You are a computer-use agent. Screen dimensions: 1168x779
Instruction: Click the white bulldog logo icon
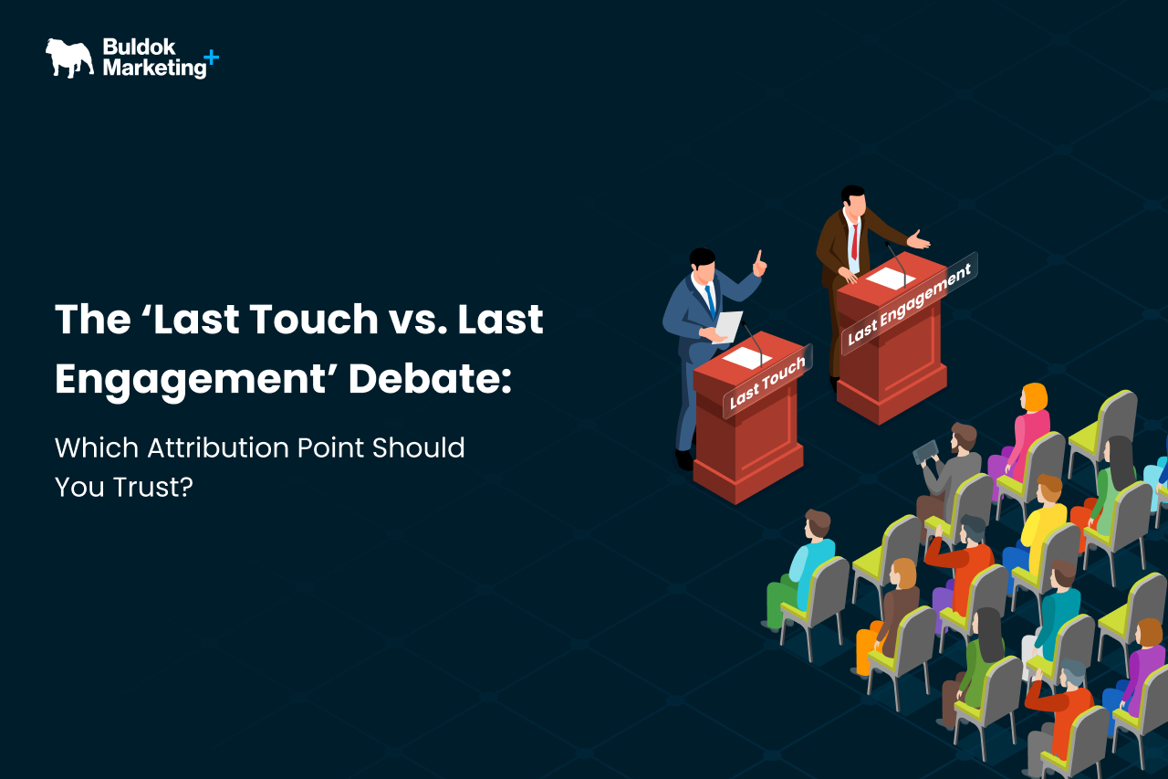(69, 58)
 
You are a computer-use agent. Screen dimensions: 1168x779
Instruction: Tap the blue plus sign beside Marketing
(211, 57)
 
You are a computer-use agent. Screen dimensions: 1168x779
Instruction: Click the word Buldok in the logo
(140, 47)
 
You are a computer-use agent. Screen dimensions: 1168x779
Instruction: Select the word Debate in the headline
(430, 378)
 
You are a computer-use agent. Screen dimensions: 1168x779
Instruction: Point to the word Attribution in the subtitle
(217, 447)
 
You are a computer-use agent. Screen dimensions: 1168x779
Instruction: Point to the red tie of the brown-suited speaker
(855, 242)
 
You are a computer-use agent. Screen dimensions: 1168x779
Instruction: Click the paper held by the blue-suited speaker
(728, 327)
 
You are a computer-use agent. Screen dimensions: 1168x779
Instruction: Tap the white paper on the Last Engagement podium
(891, 279)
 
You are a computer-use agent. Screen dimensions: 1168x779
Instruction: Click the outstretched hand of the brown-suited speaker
(919, 240)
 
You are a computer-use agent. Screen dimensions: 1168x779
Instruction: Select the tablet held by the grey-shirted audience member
(925, 452)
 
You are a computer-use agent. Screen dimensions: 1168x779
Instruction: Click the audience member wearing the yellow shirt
(1038, 527)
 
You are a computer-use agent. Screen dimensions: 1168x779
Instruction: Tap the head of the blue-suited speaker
(703, 263)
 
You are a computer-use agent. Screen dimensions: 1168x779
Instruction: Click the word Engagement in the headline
(191, 380)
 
